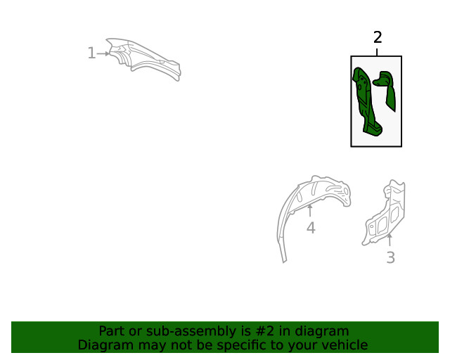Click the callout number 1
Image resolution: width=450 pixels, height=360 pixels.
coord(91,53)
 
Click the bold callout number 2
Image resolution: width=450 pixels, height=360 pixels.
coord(378,37)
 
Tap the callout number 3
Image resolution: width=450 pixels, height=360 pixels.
coord(391,257)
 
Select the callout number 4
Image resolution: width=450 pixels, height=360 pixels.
coord(311,228)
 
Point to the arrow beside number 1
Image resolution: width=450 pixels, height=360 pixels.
coord(103,53)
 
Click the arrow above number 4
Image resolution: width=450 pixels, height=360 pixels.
coord(309,210)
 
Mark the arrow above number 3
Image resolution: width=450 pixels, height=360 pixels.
coord(390,240)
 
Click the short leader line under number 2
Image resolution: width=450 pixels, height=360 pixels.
coord(377,52)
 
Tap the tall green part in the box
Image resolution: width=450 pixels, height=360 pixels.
coord(364,101)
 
